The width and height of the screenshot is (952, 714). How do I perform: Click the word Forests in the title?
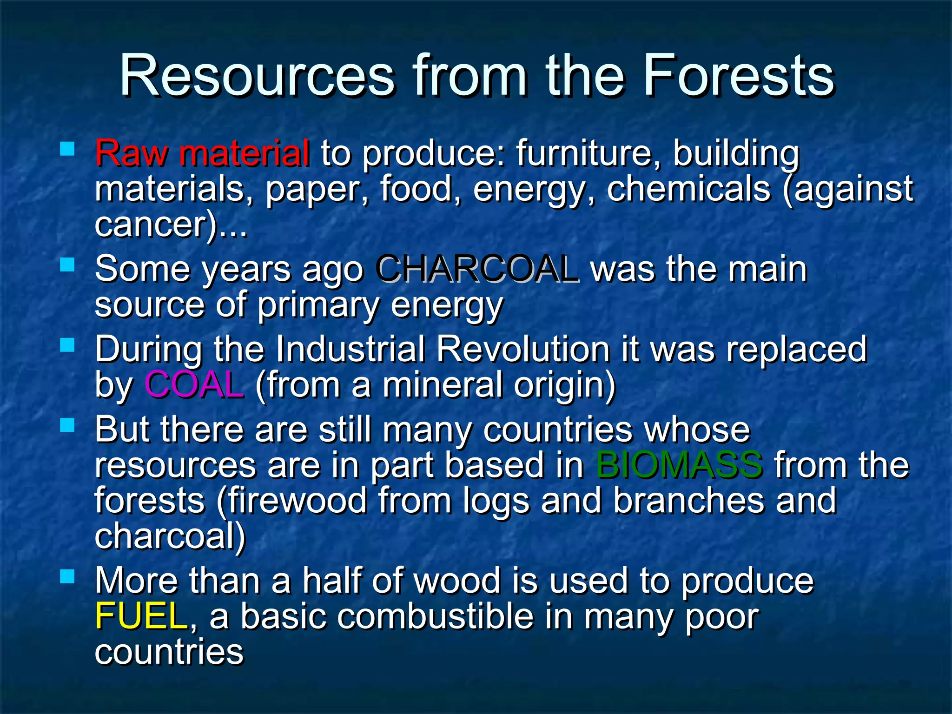(x=739, y=75)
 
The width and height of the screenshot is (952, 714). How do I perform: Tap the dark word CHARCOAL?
(x=477, y=269)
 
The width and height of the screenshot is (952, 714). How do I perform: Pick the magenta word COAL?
(x=194, y=385)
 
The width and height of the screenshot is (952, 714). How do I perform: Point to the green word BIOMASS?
(x=679, y=465)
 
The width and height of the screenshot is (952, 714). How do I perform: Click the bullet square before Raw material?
(x=68, y=149)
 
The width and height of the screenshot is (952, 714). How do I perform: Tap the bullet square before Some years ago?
(x=68, y=265)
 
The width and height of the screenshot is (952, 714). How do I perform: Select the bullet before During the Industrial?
(x=68, y=345)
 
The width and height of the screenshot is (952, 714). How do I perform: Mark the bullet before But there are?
(x=68, y=425)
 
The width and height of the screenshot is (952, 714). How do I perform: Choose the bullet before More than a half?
(x=68, y=577)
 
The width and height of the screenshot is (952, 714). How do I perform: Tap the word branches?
(x=688, y=500)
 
